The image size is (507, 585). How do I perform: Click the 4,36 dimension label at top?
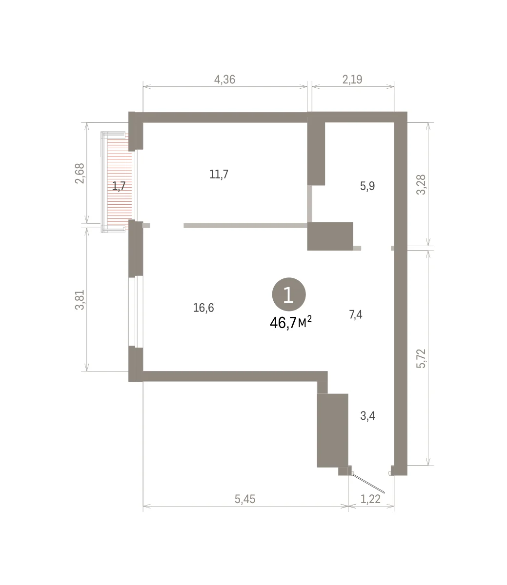tap(224, 79)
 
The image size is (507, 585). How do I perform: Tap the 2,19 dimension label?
tap(352, 79)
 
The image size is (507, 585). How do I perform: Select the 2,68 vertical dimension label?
tap(80, 174)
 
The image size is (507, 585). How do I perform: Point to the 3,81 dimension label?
tap(80, 300)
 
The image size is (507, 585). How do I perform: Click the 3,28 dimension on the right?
tap(421, 185)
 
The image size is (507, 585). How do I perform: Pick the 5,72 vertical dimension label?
tap(421, 359)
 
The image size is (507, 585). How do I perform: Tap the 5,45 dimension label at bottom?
tap(245, 499)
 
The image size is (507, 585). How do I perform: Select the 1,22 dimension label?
tap(370, 499)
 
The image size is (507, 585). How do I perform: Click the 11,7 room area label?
tap(219, 174)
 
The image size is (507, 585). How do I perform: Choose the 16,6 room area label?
tap(203, 308)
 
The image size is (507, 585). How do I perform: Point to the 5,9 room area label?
tap(367, 186)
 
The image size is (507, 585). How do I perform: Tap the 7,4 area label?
tap(355, 314)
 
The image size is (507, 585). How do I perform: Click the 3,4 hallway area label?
tap(367, 416)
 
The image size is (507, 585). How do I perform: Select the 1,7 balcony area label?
tap(119, 186)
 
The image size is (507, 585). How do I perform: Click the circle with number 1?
tap(288, 294)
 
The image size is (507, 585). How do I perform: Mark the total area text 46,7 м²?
tap(291, 322)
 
